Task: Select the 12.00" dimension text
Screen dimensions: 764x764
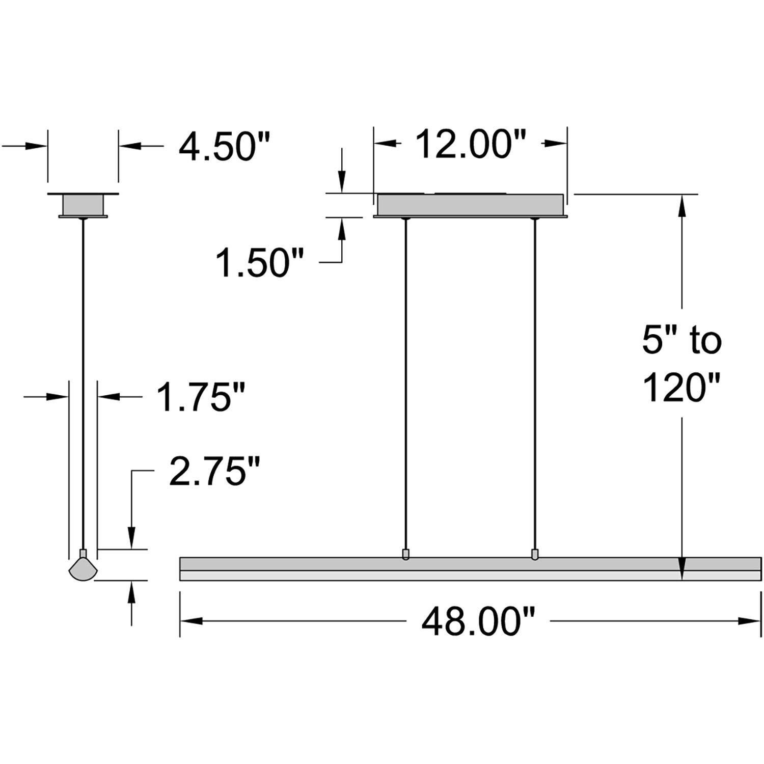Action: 471,144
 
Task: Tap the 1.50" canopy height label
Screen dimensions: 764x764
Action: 260,262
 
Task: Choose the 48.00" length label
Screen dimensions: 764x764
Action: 478,622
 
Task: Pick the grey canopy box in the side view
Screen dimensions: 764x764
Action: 83,206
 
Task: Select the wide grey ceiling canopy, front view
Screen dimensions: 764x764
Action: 470,205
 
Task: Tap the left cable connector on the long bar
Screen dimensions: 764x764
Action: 405,554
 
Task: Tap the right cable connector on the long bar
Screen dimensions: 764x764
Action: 534,554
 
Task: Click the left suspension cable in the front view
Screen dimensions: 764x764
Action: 405,382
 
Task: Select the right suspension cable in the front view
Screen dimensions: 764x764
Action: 534,382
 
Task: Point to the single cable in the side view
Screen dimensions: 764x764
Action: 83,382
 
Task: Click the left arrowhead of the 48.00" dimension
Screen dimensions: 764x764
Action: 191,621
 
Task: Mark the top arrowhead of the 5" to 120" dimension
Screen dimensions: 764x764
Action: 681,204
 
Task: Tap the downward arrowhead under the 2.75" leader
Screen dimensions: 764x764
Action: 132,539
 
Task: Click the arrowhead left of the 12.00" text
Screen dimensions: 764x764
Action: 385,144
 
